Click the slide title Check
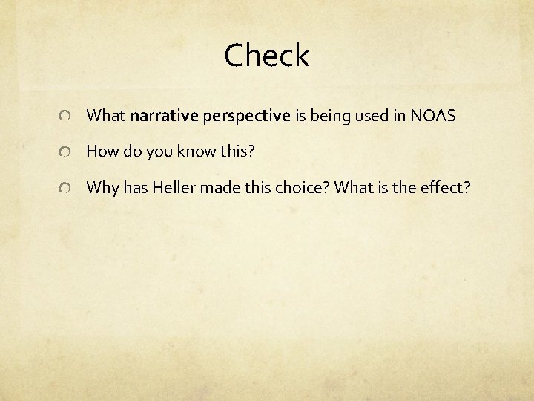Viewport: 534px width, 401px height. pyautogui.click(x=266, y=56)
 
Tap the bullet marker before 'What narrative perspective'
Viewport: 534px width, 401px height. pyautogui.click(x=66, y=117)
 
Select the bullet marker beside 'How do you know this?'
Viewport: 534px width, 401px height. pyautogui.click(x=66, y=152)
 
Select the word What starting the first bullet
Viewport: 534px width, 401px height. pyautogui.click(x=105, y=116)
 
